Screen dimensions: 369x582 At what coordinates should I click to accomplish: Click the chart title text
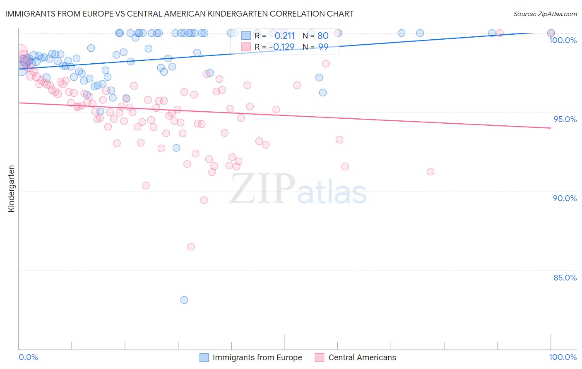[x=179, y=14]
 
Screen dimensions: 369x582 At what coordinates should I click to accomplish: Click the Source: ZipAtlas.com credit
[x=545, y=14]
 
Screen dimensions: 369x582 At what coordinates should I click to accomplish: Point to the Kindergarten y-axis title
[x=11, y=189]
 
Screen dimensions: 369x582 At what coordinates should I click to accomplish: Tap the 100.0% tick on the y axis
[x=563, y=40]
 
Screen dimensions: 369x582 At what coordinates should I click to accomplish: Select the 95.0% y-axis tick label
[x=565, y=119]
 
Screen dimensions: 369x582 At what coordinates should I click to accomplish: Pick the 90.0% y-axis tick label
[x=565, y=198]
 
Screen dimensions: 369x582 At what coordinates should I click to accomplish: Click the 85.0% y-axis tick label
[x=565, y=278]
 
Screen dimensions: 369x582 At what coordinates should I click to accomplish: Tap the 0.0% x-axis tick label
[x=28, y=357]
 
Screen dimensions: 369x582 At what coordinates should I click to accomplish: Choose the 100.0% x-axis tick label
[x=563, y=357]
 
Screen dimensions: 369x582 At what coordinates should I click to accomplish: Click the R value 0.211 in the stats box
[x=284, y=36]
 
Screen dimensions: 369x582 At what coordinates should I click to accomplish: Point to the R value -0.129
[x=281, y=47]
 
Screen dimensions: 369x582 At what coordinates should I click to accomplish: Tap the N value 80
[x=323, y=36]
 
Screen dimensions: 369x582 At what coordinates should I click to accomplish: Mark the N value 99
[x=323, y=47]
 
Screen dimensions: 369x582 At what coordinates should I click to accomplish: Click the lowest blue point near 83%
[x=184, y=300]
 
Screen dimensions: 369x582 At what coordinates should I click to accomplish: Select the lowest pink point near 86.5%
[x=191, y=247]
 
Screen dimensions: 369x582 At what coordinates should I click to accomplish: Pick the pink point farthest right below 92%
[x=430, y=172]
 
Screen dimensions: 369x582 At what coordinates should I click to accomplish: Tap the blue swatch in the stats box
[x=246, y=36]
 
